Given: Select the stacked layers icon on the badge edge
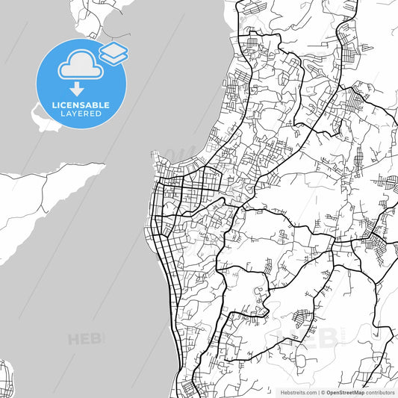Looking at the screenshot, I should [x=114, y=52].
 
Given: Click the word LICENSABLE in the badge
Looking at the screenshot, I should [x=81, y=105].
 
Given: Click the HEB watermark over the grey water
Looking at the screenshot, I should [x=85, y=339].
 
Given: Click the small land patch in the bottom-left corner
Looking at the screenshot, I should [x=6, y=377].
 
